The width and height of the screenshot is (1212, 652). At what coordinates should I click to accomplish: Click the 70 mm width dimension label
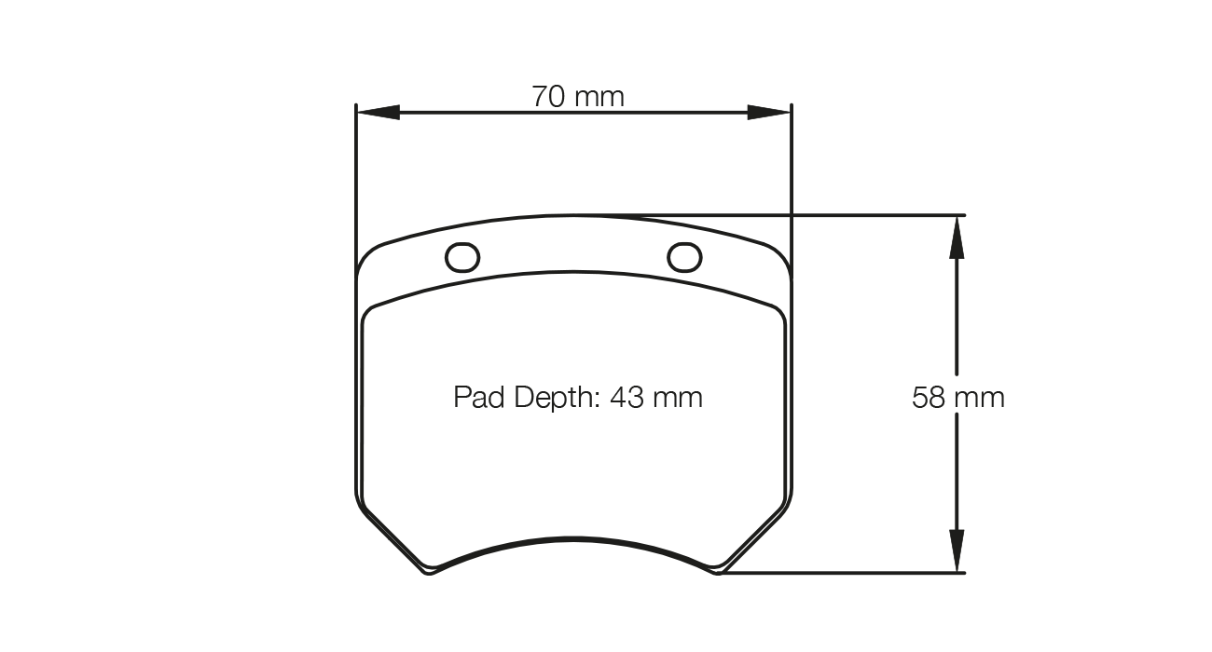[577, 96]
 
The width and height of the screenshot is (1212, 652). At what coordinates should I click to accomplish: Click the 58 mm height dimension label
[957, 398]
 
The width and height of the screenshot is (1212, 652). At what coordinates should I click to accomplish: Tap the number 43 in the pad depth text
[627, 398]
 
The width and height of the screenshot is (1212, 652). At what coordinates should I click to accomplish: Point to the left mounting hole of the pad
[462, 257]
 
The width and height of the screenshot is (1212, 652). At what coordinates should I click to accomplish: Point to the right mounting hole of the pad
[685, 256]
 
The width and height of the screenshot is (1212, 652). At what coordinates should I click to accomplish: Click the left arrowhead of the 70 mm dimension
[378, 113]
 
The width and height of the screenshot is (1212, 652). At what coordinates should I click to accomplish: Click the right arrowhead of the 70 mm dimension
[770, 113]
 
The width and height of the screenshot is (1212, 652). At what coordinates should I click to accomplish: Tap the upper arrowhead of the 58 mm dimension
[956, 237]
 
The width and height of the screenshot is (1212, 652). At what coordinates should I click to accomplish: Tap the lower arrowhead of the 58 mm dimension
[956, 551]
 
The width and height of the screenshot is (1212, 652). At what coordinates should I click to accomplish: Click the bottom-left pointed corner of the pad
[428, 571]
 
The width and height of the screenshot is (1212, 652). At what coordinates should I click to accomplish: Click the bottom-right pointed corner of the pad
[717, 571]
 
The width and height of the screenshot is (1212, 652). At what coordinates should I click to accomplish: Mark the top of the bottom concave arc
[572, 537]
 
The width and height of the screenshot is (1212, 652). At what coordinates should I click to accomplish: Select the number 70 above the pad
[550, 96]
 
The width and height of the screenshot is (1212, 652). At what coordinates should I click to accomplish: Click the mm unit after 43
[678, 398]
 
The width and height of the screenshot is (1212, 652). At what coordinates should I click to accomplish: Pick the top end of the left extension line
[356, 104]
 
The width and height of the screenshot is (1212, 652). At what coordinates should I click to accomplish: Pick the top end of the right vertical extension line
[791, 104]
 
